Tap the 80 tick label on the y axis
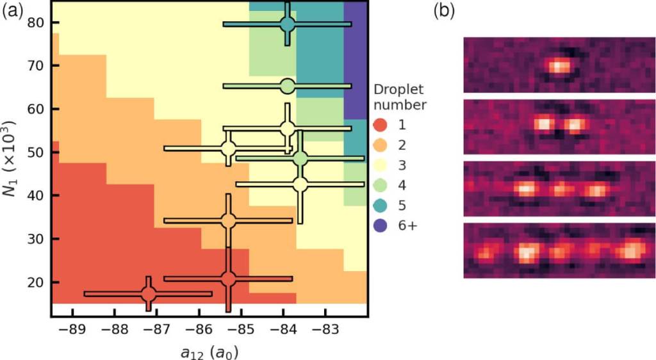[x=35, y=22]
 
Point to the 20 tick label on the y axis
[x=35, y=282]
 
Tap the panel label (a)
[x=13, y=11]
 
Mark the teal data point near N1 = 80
[x=288, y=24]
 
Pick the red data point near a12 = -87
[x=149, y=294]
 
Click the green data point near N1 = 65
[x=288, y=85]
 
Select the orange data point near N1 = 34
[x=228, y=220]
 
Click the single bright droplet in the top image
[x=559, y=65]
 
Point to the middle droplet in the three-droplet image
[x=562, y=190]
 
